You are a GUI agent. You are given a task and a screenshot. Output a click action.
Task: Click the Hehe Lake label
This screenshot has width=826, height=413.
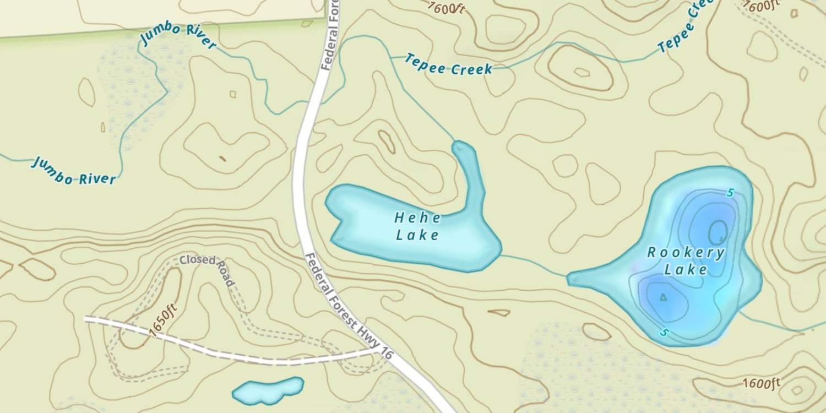tap(418, 226)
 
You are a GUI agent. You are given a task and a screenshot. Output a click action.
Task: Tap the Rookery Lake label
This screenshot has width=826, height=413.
tap(686, 261)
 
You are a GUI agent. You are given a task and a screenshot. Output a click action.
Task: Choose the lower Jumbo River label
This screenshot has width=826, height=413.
tap(74, 171)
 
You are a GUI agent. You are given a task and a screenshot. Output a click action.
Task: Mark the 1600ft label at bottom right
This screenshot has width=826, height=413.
tap(761, 383)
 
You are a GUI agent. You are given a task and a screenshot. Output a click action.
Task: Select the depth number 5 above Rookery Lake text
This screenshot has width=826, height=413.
tap(730, 193)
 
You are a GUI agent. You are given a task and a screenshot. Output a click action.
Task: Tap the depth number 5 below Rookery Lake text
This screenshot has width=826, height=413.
tap(665, 333)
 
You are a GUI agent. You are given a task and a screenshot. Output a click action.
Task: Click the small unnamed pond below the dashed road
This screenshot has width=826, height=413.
tap(268, 390)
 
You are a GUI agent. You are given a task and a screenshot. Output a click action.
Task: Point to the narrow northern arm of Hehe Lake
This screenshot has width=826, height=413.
tap(471, 171)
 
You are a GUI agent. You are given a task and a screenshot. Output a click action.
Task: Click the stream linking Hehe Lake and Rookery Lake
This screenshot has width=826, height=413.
tap(534, 264)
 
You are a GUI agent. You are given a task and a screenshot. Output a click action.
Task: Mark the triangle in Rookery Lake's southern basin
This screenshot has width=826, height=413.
tap(663, 297)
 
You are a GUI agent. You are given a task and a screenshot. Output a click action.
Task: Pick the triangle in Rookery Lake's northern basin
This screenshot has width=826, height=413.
tap(721, 239)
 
